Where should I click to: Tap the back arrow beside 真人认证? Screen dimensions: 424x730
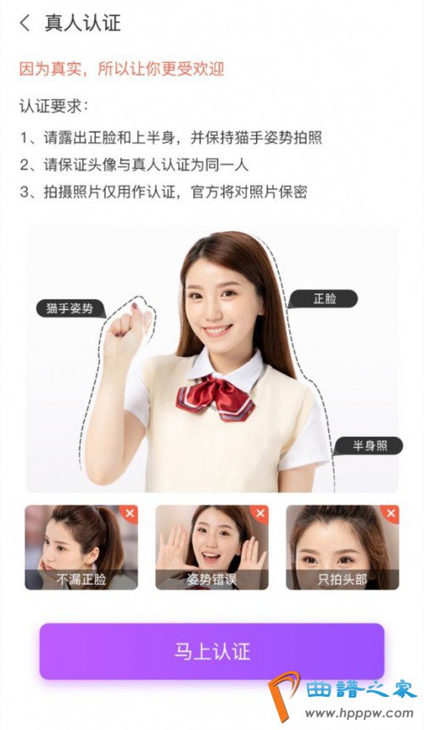[25, 23]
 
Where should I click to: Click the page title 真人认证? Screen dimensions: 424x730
[83, 23]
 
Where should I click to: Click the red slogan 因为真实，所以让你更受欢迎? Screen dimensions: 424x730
[121, 69]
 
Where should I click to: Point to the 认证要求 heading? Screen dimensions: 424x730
[53, 106]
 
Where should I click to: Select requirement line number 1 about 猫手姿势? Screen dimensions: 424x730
[170, 137]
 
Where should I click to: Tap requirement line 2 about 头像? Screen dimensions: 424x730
[134, 164]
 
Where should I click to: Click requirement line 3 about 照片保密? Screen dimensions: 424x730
[164, 192]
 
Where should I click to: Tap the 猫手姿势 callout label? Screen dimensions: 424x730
[70, 309]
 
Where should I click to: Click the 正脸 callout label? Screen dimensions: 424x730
[324, 298]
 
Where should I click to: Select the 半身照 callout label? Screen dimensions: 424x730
[369, 445]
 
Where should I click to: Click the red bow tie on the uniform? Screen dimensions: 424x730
[215, 397]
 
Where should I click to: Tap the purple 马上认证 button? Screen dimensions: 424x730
[212, 651]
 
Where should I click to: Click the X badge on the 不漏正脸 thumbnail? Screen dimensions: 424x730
[130, 514]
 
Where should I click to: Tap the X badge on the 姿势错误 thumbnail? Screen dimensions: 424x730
[260, 514]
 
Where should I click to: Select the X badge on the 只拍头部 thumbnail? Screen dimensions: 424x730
[391, 514]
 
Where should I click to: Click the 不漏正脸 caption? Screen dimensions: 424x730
[81, 580]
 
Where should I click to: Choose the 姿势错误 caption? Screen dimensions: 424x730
[212, 580]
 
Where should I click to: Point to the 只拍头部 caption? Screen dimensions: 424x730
[343, 580]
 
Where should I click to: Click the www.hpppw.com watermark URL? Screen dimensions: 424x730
[360, 713]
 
